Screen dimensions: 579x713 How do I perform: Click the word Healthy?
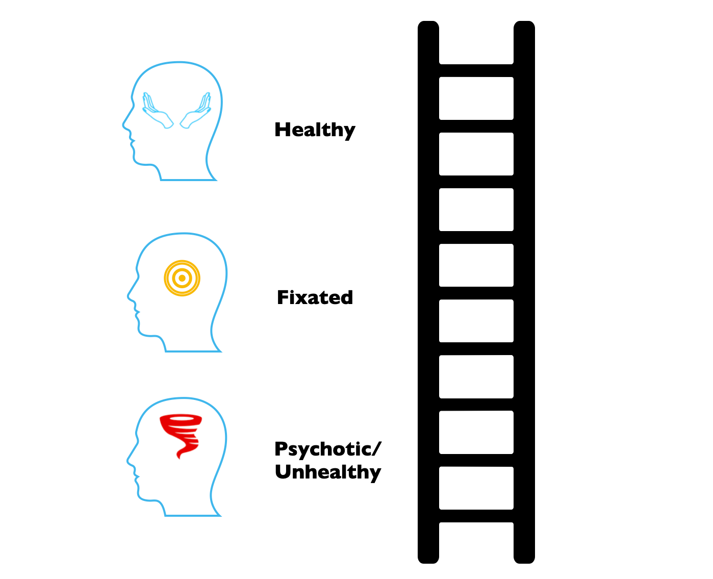(315, 130)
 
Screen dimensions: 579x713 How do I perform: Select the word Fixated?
(315, 297)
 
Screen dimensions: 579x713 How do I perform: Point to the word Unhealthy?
(328, 472)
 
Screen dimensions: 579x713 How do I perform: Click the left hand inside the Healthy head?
(157, 111)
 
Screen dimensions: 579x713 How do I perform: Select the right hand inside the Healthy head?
(196, 111)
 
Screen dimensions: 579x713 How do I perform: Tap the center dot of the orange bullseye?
(182, 279)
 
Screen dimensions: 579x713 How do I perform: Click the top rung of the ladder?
(476, 70)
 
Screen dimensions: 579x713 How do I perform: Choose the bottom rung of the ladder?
(476, 516)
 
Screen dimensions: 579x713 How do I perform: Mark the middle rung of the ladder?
(476, 293)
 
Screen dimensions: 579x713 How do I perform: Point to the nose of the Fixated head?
(129, 296)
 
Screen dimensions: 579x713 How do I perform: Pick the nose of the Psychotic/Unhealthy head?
(129, 461)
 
